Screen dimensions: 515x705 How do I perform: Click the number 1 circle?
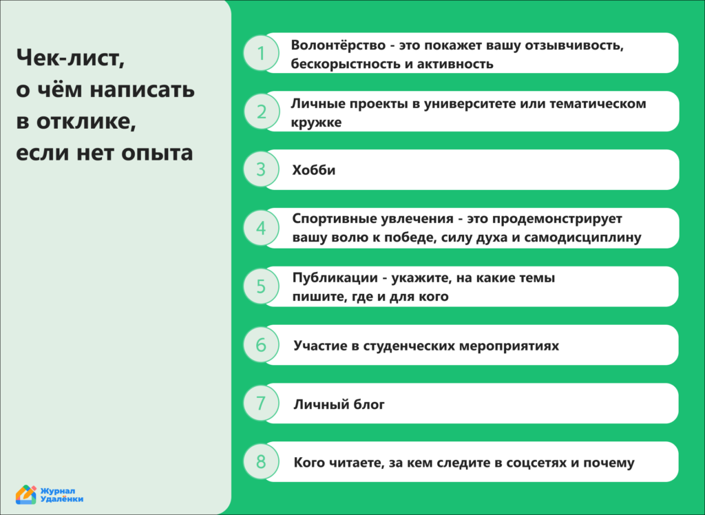(x=261, y=53)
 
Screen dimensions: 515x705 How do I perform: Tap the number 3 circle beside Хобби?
(x=261, y=169)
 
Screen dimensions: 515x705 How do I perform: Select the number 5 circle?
(x=261, y=286)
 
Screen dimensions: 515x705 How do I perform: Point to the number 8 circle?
(x=261, y=461)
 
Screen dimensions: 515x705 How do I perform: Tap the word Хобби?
(x=314, y=170)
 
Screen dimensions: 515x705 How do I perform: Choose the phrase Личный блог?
(x=339, y=405)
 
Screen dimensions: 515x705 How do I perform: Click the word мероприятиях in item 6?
(x=509, y=346)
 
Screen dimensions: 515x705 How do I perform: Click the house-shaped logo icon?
(x=26, y=494)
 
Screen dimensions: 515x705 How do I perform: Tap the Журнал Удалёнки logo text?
(x=62, y=494)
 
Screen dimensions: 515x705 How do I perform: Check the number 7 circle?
(x=261, y=403)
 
